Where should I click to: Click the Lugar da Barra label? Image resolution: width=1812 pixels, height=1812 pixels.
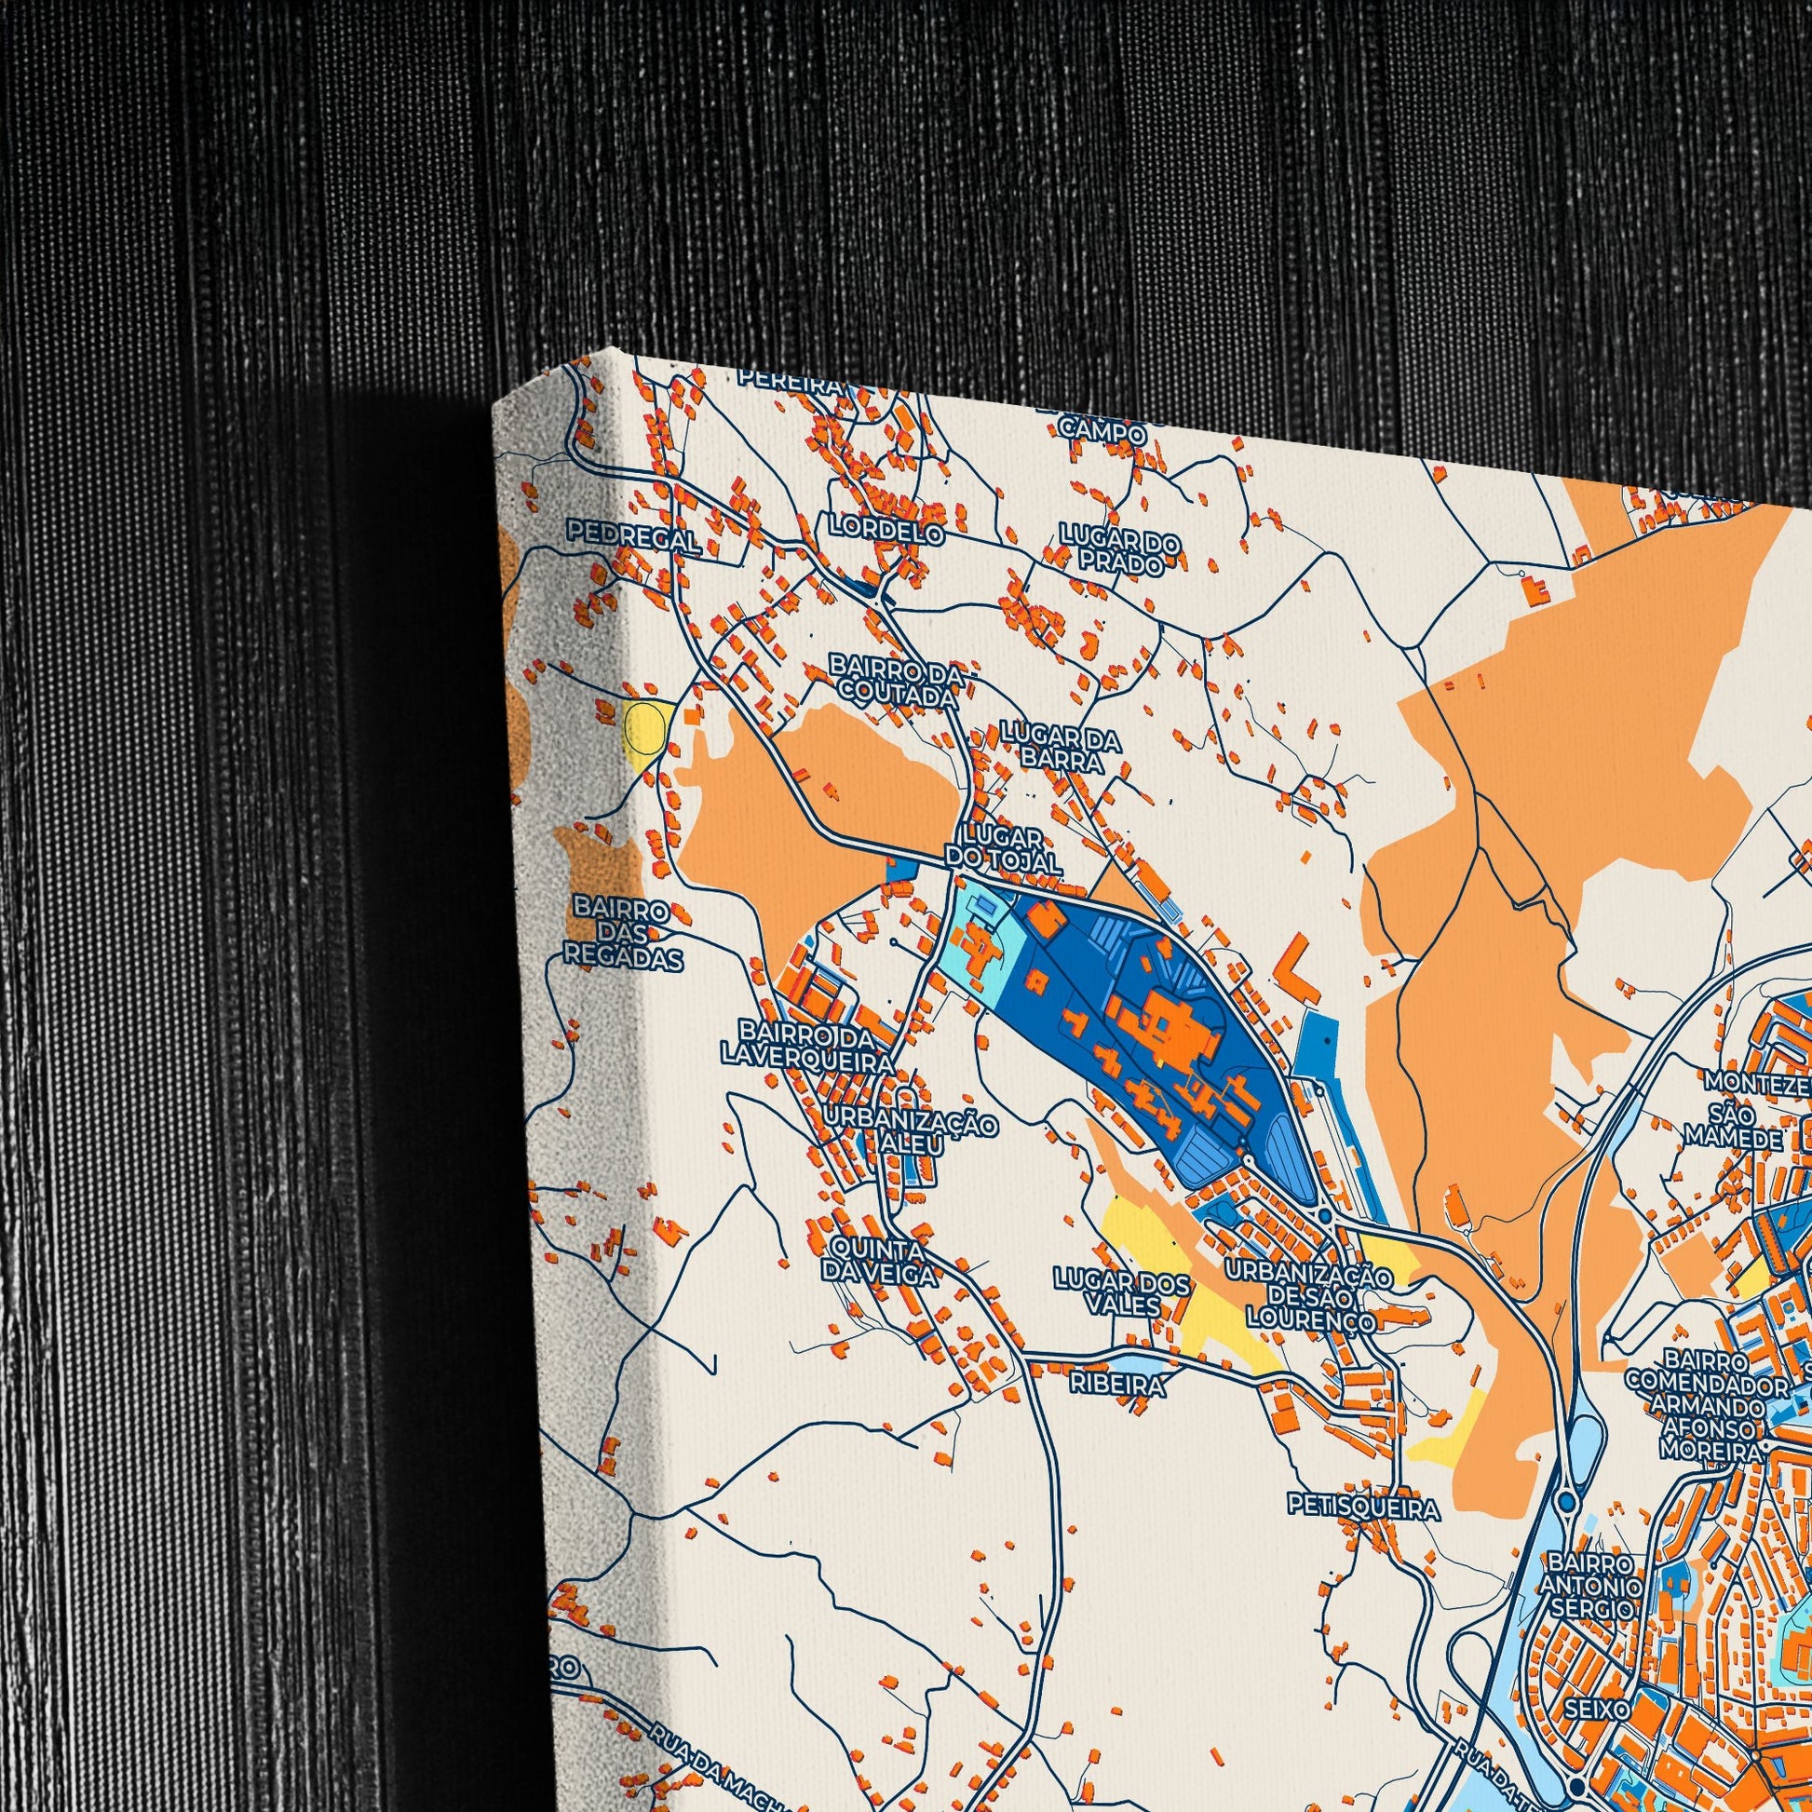[x=1060, y=747]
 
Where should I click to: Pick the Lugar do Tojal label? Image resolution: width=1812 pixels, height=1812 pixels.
[x=1002, y=849]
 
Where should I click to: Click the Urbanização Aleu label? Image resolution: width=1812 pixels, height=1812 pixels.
[x=910, y=1135]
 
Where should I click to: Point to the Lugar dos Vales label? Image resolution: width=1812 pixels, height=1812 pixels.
[x=1122, y=1292]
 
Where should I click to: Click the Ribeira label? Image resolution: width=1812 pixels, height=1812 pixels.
[x=1119, y=1386]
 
